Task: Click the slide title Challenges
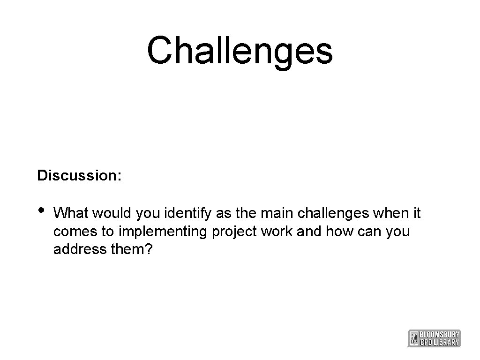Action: tap(240, 51)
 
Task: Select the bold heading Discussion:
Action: tap(80, 176)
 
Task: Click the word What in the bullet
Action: tap(72, 214)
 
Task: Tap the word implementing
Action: tap(165, 232)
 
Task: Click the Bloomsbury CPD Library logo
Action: tap(435, 338)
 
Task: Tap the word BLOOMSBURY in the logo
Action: tap(440, 334)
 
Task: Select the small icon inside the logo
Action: tap(413, 338)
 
